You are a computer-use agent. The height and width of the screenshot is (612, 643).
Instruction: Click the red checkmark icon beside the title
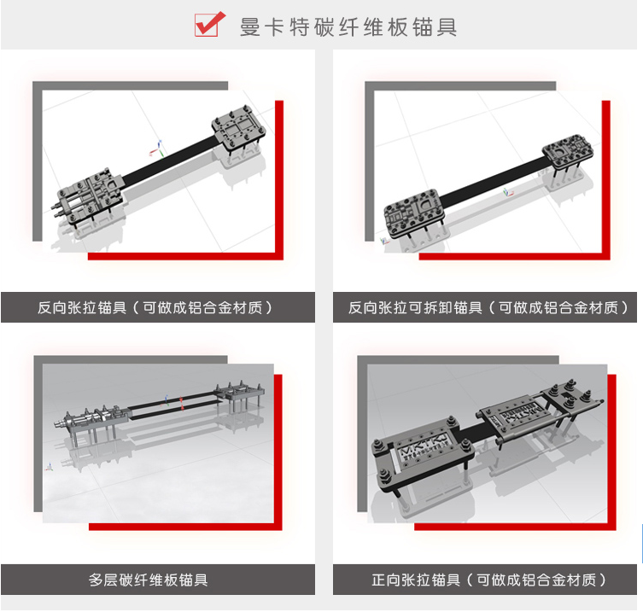pos(209,24)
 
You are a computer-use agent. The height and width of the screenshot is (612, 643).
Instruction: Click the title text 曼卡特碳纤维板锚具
pos(348,27)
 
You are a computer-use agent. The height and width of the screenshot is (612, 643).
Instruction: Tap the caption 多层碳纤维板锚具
pos(148,580)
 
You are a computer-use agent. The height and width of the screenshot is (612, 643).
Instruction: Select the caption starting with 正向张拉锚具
pos(489,580)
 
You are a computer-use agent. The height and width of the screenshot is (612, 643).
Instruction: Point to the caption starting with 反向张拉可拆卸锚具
pos(488,307)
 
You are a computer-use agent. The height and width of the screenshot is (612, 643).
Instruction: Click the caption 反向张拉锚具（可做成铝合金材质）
pos(155,307)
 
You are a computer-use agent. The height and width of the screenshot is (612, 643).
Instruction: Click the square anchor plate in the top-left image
pos(238,128)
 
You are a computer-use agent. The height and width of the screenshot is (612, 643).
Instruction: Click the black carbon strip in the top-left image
pos(168,160)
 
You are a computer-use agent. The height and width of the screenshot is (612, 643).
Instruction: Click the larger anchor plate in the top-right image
pos(414,213)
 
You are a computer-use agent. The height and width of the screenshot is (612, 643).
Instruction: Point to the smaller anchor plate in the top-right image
pos(568,150)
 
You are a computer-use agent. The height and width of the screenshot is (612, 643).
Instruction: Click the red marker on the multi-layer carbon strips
pos(181,403)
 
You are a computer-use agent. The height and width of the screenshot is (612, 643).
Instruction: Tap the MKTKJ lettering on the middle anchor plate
pos(518,415)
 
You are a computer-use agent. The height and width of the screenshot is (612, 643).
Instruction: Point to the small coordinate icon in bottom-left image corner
pos(50,467)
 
